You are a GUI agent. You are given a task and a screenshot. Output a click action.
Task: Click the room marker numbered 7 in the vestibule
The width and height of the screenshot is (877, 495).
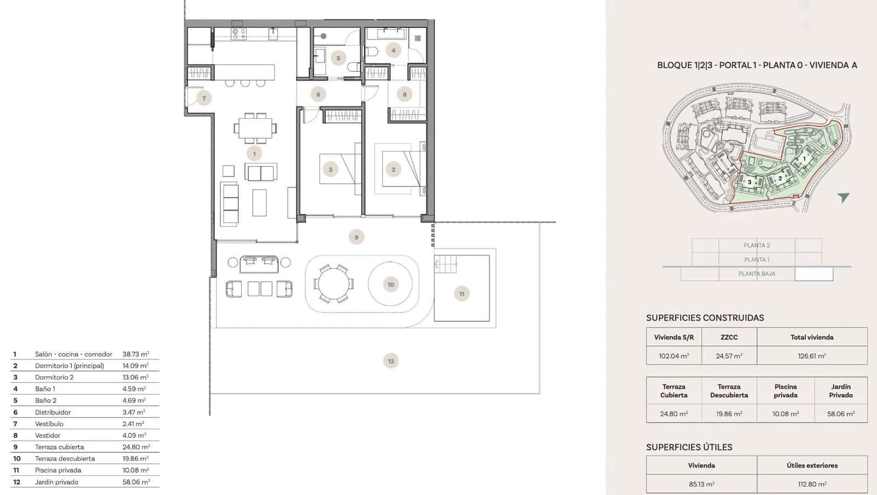tap(204, 99)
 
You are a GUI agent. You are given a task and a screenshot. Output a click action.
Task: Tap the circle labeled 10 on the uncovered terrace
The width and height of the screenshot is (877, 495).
tap(391, 285)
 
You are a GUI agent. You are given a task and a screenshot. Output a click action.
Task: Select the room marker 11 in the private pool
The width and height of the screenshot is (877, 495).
tap(462, 294)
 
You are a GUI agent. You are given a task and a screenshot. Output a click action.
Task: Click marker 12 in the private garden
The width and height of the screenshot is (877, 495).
tap(391, 361)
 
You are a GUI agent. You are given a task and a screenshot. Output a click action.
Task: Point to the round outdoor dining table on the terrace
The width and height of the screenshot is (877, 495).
tap(333, 284)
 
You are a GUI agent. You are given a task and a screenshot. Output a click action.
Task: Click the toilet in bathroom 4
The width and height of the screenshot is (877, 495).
tap(372, 52)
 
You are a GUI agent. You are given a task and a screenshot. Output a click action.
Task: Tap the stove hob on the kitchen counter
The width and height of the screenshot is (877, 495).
tap(239, 34)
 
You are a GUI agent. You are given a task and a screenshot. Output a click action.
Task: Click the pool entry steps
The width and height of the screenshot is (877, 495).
tap(446, 264)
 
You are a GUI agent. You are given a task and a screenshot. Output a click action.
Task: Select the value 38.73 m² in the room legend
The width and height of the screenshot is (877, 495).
tap(135, 355)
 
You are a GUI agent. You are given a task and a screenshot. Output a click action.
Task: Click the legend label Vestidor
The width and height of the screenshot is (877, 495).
tap(48, 436)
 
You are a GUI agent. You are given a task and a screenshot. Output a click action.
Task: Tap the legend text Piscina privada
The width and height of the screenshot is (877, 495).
tap(58, 470)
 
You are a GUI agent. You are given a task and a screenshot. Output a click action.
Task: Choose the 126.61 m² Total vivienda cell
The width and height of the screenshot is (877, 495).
tap(812, 356)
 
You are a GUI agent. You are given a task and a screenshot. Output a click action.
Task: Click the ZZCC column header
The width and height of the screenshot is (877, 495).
tap(729, 338)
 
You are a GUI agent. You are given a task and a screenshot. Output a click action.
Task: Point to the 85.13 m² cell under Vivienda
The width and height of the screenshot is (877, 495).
tap(702, 485)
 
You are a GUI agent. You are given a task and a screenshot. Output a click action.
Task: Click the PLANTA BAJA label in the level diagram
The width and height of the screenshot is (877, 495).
tap(756, 274)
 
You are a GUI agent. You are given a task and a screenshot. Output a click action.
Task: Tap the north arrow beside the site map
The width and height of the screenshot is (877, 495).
tap(843, 197)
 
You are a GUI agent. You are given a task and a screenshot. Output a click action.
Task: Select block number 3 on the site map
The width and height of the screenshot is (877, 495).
tap(749, 183)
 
